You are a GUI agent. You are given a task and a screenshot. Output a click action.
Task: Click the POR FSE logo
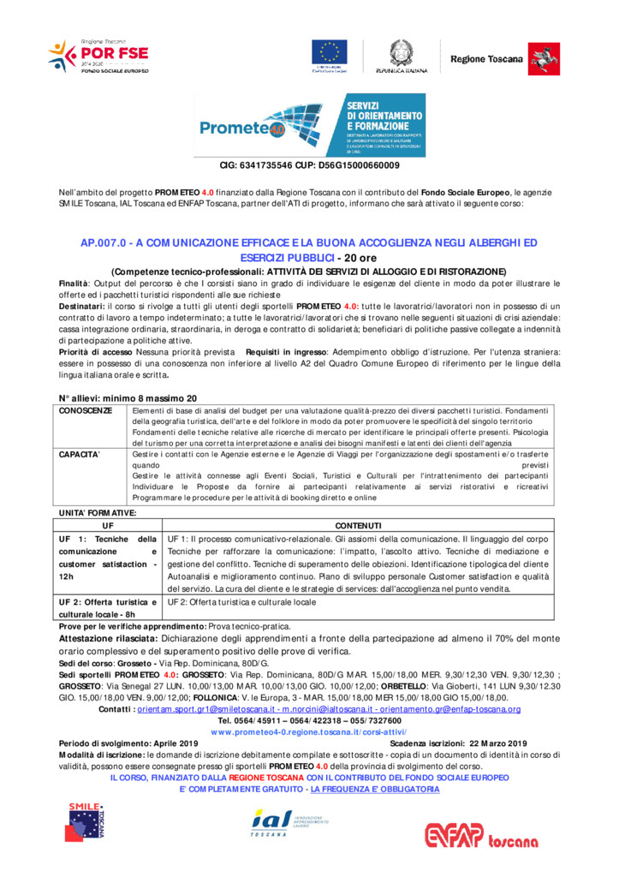click(98, 55)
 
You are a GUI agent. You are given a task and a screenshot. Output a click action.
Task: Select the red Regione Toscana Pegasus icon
click(539, 57)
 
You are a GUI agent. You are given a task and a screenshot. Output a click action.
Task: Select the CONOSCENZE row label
click(85, 410)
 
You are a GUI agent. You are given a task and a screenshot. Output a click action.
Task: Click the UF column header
click(108, 524)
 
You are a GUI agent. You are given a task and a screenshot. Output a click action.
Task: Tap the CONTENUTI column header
click(359, 524)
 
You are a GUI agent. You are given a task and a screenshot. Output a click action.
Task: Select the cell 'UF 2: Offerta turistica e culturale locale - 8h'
click(108, 608)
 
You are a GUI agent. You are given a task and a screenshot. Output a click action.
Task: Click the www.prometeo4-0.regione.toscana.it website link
click(309, 732)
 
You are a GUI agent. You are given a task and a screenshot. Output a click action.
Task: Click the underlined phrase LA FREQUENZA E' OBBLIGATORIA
click(375, 789)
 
